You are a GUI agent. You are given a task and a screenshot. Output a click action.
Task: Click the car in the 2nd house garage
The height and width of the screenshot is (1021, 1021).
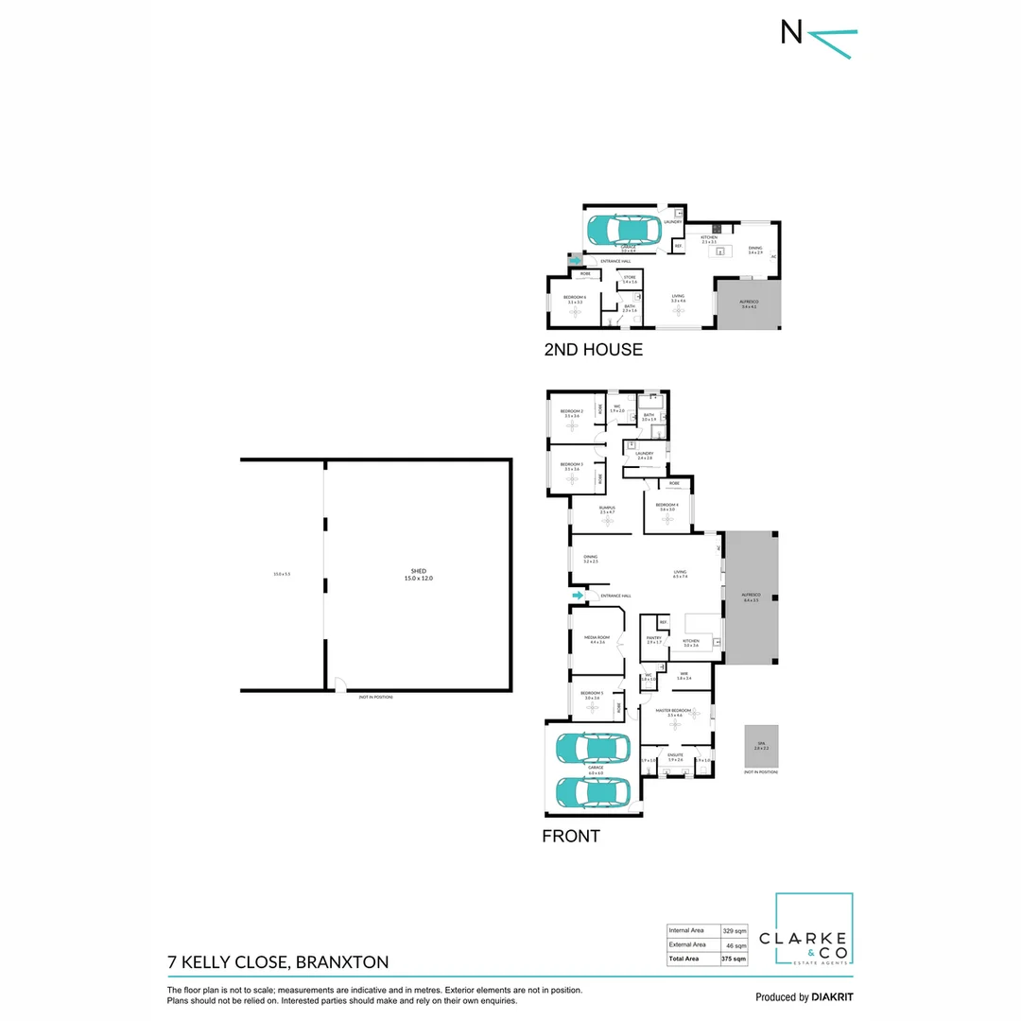[625, 230]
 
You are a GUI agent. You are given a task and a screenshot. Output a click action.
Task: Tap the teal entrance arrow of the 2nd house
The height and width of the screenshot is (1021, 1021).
[576, 260]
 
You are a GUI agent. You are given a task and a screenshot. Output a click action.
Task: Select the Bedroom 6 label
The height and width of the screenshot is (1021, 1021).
[575, 299]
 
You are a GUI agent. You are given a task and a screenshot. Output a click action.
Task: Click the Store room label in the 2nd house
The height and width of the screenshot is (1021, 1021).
[630, 279]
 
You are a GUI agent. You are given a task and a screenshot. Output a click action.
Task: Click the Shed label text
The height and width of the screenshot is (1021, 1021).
[418, 573]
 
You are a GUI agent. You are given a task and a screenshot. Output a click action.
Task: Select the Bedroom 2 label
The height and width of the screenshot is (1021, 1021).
[572, 413]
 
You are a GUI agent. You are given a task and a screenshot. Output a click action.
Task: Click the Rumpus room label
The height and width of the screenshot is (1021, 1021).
[607, 510]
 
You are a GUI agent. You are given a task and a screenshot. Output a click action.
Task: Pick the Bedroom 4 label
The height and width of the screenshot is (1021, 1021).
[667, 507]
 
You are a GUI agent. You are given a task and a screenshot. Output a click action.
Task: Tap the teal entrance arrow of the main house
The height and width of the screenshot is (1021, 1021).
[579, 596]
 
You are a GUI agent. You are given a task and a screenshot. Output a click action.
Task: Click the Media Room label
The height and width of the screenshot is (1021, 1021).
[597, 640]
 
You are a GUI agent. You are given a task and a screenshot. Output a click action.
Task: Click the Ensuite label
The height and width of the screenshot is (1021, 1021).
[675, 757]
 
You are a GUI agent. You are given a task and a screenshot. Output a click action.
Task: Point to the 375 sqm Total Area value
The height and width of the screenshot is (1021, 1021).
[735, 959]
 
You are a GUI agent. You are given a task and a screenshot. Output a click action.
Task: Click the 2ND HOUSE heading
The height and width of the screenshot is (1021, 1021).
[593, 350]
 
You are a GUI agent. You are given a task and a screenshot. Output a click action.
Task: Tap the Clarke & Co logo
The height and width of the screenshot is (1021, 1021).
[814, 930]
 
